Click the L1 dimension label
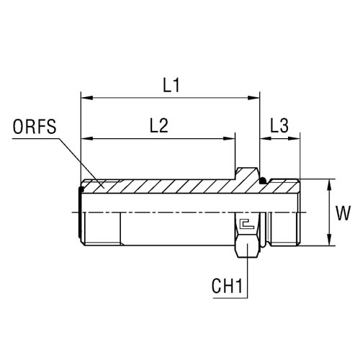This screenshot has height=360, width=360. coord(171,86)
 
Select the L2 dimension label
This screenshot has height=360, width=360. coord(158,126)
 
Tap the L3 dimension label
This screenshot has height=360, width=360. coord(279,126)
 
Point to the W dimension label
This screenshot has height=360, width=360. coord(343,213)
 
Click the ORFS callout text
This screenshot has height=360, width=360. coord(35,127)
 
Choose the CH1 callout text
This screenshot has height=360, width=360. coord(227,286)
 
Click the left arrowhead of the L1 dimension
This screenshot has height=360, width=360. coord(87,98)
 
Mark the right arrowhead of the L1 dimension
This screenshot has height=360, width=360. coord(254,98)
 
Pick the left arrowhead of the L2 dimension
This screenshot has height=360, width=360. coord(87,138)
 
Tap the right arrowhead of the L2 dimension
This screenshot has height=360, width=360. coord(229,138)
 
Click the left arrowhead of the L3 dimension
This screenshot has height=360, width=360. coord(266,138)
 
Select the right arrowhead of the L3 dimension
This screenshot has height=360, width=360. coord(294,138)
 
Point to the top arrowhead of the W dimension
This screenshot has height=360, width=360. coord(330,185)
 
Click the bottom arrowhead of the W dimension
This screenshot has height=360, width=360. coord(330,240)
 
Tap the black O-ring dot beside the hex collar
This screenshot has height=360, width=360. coord(264,181)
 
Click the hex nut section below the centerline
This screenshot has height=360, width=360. coord(247,235)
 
